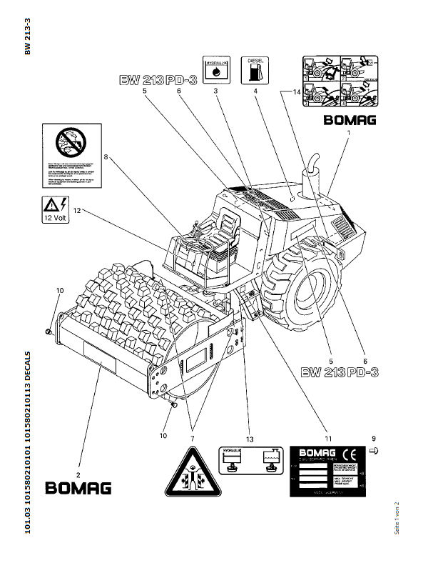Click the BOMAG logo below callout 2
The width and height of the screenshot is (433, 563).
78,489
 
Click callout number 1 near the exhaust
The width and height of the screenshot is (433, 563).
349,133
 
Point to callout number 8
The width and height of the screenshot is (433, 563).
106,157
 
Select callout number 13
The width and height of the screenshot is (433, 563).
249,438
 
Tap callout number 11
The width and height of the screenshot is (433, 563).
328,438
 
